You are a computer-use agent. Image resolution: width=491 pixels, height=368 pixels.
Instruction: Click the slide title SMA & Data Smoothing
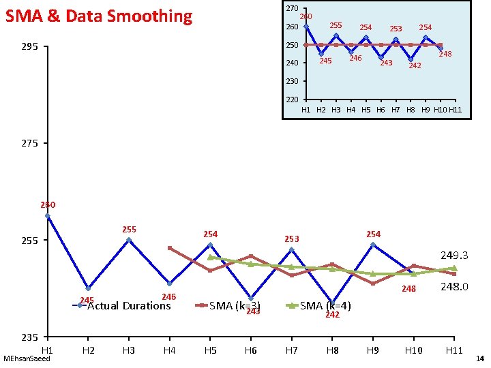click(x=99, y=16)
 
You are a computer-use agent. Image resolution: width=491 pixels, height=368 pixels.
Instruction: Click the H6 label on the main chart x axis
click(x=250, y=350)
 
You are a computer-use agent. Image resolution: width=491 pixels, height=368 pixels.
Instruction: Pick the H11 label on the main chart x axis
click(x=454, y=350)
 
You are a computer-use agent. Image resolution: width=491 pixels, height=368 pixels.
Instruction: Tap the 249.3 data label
click(x=454, y=256)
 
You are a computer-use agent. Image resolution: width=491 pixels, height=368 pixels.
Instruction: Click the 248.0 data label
click(x=454, y=288)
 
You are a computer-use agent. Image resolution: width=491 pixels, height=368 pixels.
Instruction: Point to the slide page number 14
click(x=479, y=358)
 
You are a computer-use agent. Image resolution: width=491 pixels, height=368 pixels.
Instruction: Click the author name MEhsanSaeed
click(x=27, y=358)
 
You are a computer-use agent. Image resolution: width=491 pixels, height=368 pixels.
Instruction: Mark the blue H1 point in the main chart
click(x=47, y=216)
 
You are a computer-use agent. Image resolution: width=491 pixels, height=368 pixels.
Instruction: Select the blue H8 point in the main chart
click(x=332, y=303)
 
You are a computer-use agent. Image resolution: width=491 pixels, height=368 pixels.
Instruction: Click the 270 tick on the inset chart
click(x=292, y=8)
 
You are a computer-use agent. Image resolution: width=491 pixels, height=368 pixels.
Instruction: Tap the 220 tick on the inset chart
click(x=292, y=99)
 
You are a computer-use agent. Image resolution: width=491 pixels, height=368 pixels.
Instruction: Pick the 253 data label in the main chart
click(x=292, y=239)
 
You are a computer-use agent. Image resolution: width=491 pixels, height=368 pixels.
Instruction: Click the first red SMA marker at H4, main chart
click(x=170, y=248)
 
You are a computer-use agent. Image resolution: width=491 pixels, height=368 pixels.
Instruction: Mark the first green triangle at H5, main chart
click(x=210, y=258)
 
